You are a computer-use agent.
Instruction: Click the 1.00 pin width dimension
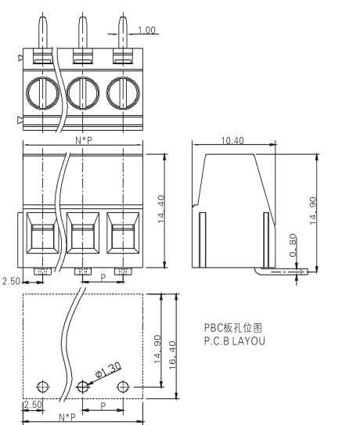(x=146, y=30)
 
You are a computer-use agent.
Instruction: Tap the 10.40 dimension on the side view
(x=232, y=140)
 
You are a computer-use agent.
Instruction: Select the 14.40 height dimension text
(x=161, y=209)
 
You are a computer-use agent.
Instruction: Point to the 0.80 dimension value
(x=293, y=245)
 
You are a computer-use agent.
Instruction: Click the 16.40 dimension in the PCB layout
(x=172, y=355)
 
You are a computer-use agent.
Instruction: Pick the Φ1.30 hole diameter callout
(x=108, y=369)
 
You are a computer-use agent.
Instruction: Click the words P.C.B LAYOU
(x=234, y=341)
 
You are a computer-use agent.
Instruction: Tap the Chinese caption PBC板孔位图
(x=233, y=328)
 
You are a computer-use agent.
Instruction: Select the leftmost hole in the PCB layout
(x=42, y=387)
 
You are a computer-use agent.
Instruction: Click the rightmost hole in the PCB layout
(x=123, y=387)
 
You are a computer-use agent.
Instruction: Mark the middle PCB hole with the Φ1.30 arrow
(x=83, y=387)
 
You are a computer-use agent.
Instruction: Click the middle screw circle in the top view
(x=83, y=93)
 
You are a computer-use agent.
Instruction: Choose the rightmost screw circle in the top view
(x=123, y=93)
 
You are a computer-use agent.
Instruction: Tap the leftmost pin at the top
(x=43, y=32)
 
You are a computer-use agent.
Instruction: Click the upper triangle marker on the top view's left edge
(x=20, y=58)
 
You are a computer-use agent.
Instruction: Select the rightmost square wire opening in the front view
(x=123, y=232)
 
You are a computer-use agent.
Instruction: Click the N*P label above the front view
(x=84, y=140)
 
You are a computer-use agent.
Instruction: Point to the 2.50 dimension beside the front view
(x=12, y=281)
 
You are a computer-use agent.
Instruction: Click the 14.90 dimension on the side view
(x=313, y=211)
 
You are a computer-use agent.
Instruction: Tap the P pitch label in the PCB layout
(x=103, y=405)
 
